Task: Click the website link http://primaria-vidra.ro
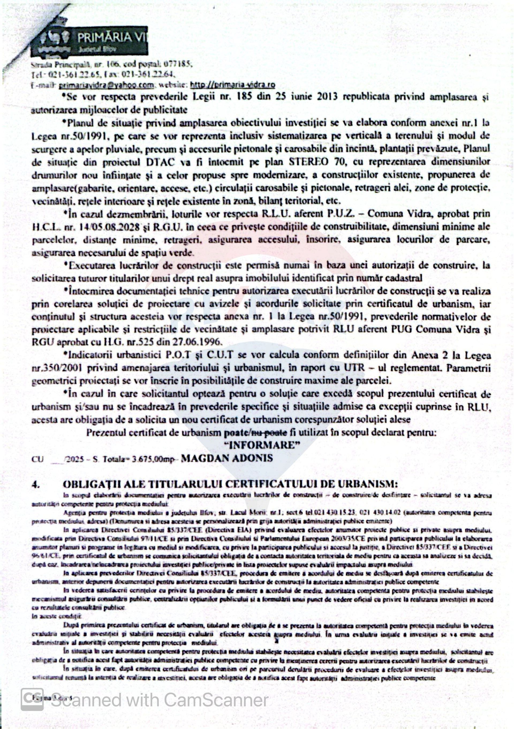(232, 85)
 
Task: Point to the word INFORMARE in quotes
(264, 445)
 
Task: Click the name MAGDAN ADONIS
(226, 458)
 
